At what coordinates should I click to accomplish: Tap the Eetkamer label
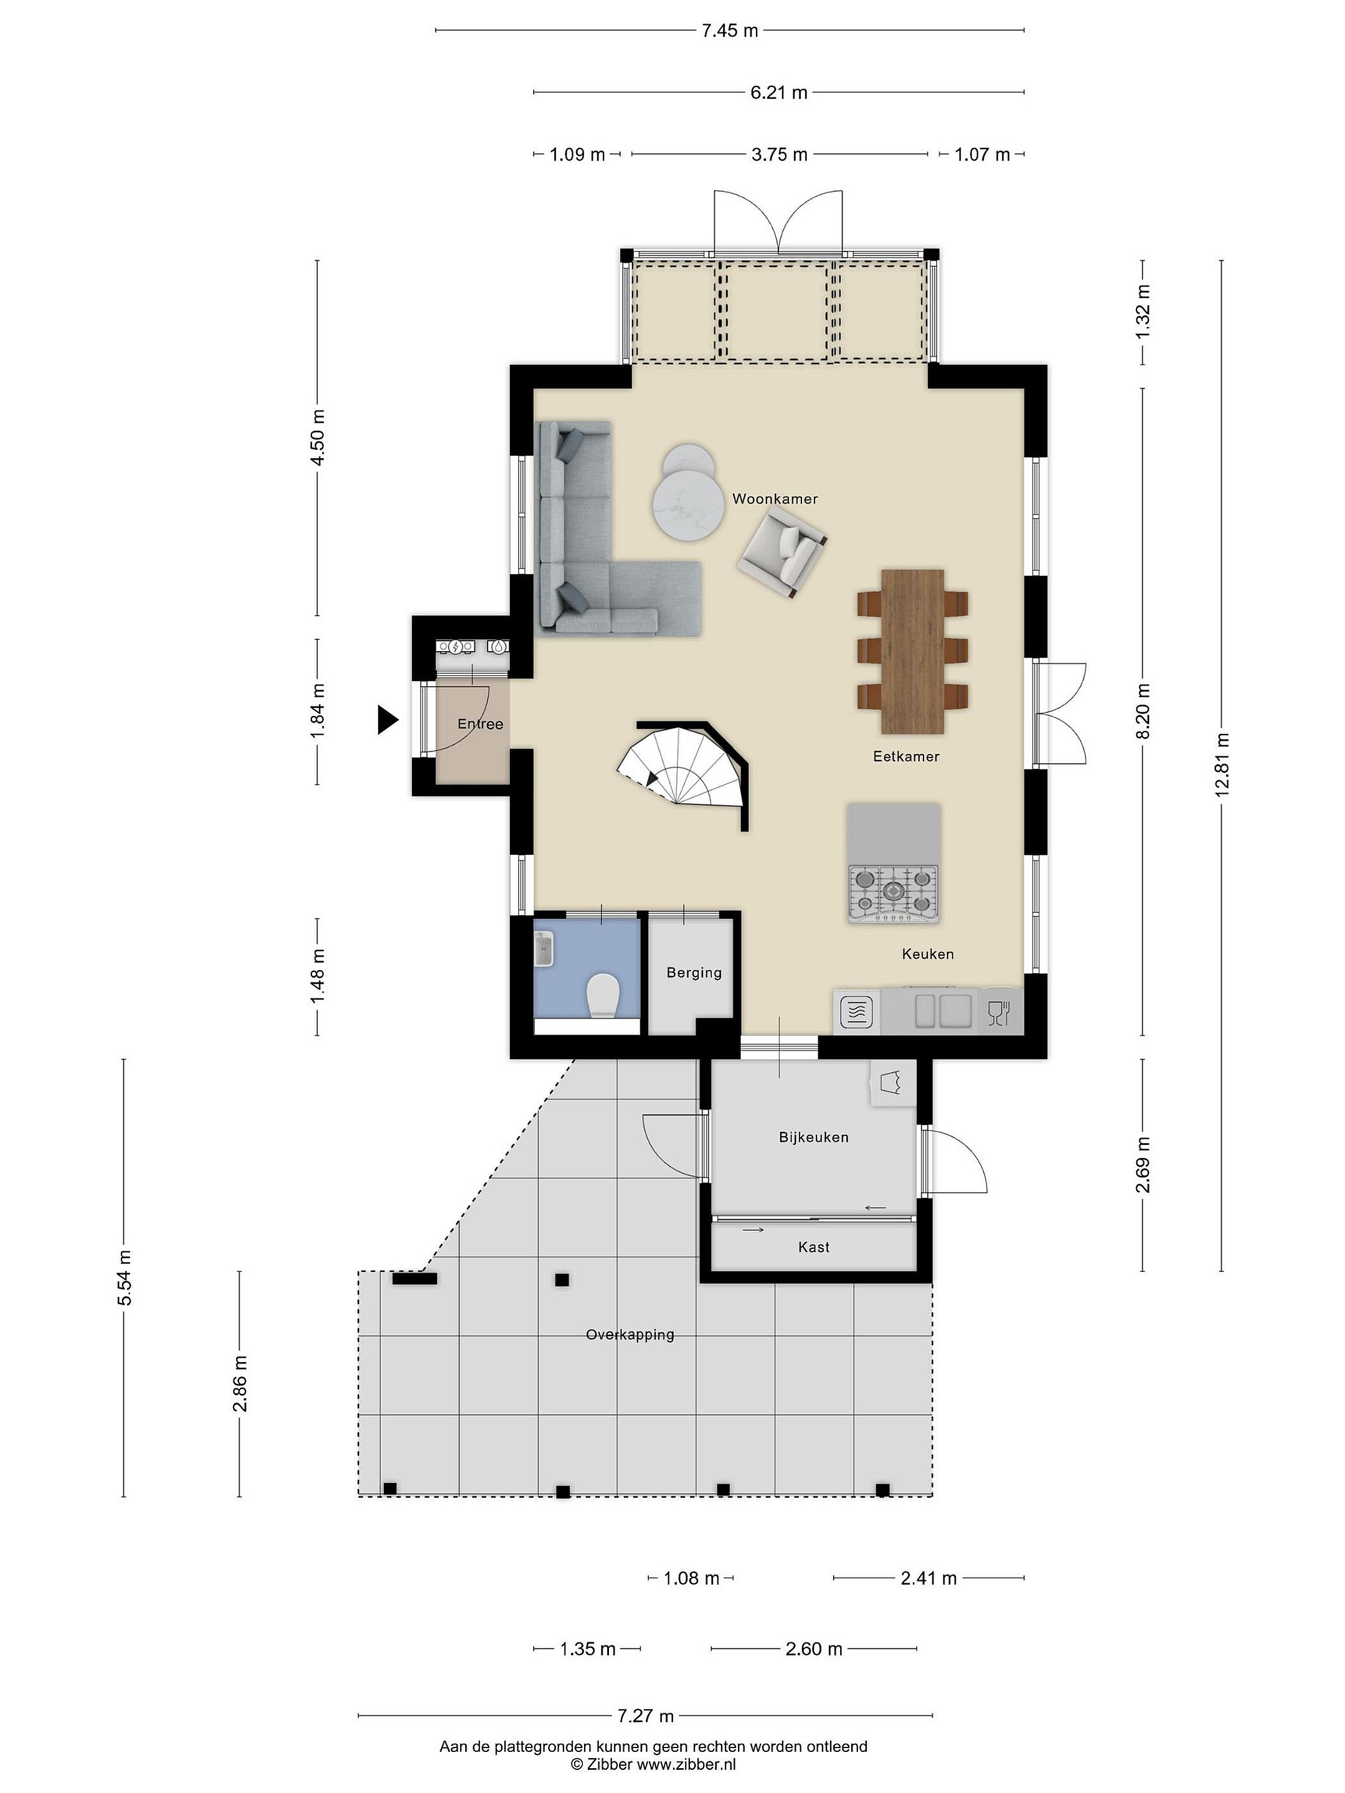point(905,756)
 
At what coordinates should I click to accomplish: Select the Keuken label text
point(927,954)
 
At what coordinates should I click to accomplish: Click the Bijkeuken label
point(813,1137)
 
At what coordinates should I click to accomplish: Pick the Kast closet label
point(813,1246)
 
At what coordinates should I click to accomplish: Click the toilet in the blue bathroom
point(602,995)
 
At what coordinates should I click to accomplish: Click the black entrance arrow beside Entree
point(387,720)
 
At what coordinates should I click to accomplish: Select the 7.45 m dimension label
point(730,31)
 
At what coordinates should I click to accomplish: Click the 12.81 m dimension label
point(1221,765)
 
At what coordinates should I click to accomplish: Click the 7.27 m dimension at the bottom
point(645,1716)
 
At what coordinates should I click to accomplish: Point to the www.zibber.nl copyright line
point(653,1764)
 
